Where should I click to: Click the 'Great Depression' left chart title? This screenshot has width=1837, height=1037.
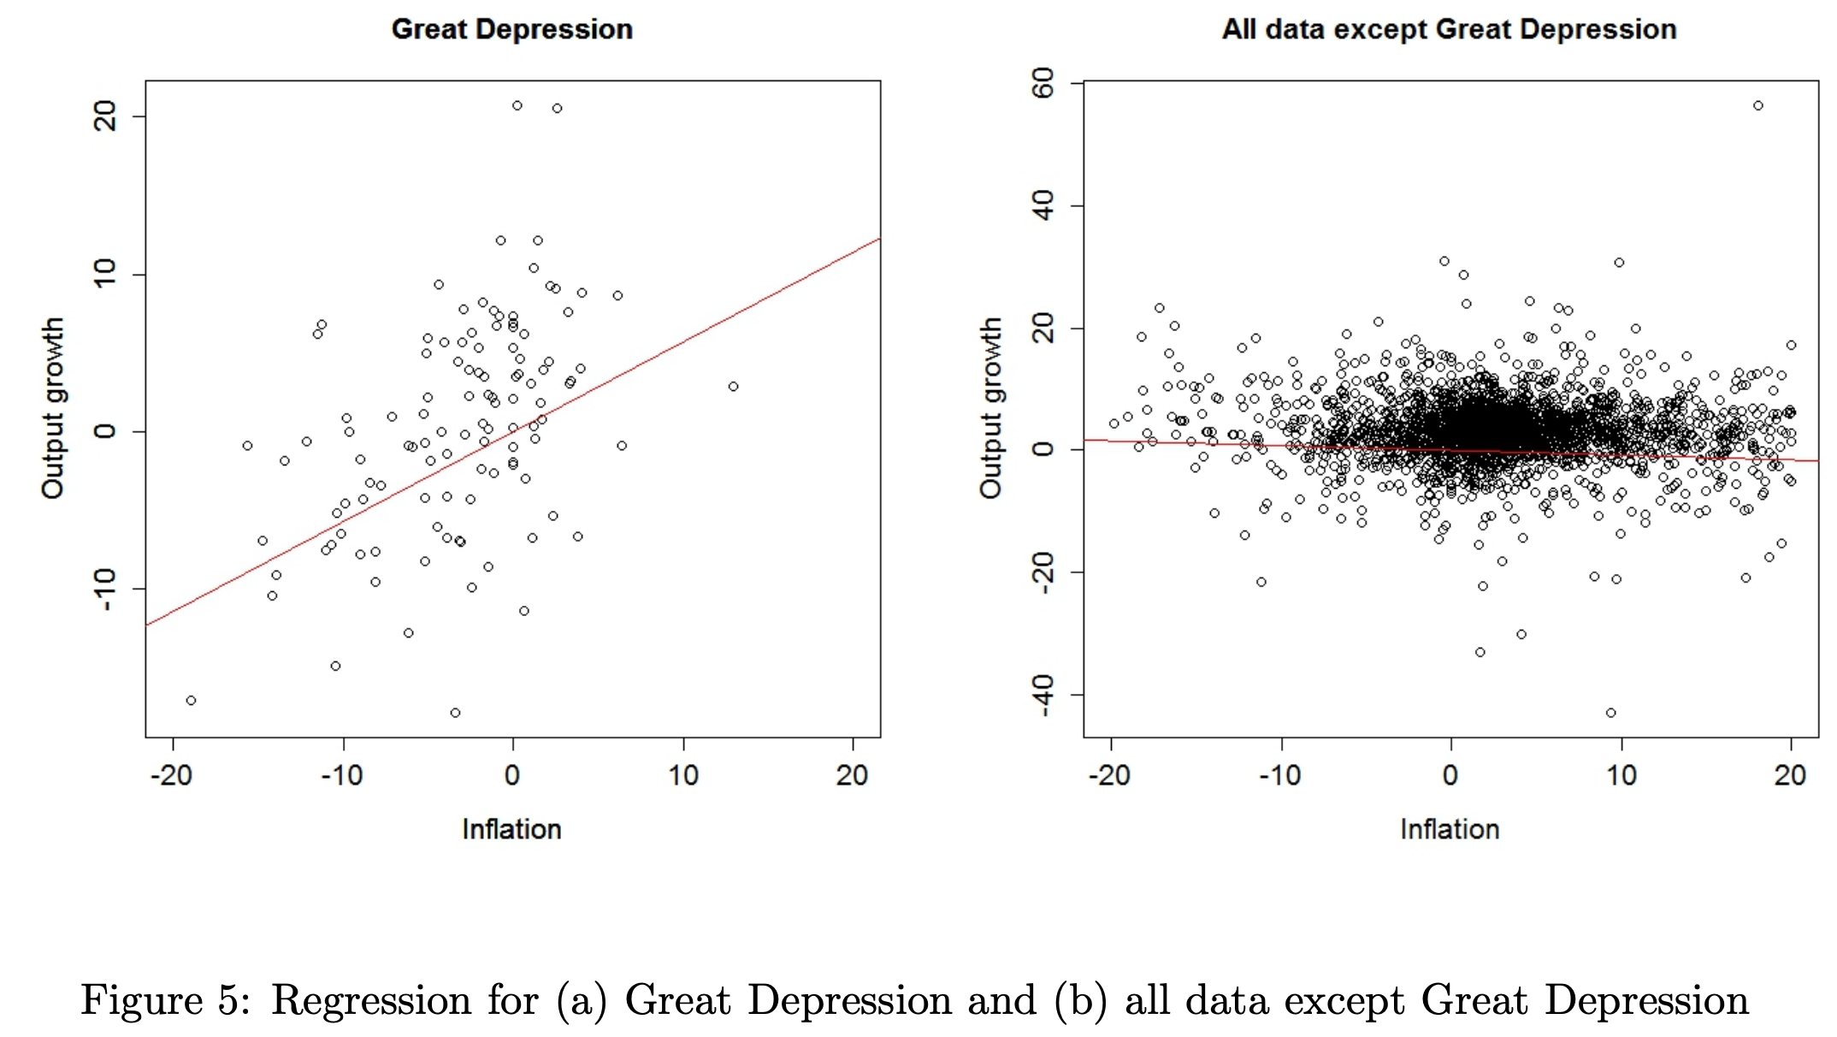tap(511, 29)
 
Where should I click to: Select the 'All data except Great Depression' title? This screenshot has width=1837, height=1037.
tap(1449, 29)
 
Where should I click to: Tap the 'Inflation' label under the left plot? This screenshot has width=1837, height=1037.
tap(511, 828)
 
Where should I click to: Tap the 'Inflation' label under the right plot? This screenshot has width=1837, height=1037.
tap(1450, 828)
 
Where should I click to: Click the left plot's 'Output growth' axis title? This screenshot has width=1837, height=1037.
tap(53, 408)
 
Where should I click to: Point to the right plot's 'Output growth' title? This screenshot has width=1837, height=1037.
tap(990, 408)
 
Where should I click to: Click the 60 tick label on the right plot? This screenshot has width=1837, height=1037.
tap(1043, 84)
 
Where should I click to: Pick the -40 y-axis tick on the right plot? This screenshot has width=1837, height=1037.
tap(1043, 695)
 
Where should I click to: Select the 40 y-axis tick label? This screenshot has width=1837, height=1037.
tap(1043, 205)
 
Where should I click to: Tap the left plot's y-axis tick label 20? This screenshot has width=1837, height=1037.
tap(105, 116)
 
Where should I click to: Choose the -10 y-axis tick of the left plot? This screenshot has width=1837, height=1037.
tap(105, 589)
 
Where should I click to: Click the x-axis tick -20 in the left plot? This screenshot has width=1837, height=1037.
tap(171, 775)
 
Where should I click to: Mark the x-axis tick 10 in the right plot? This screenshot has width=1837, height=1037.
tap(1621, 775)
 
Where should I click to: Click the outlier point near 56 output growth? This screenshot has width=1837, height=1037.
tap(1758, 106)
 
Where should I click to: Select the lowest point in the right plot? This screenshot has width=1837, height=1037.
tap(1611, 713)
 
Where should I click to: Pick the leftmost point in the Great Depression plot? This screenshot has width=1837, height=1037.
tap(191, 701)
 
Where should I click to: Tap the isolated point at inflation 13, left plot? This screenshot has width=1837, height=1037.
tap(733, 387)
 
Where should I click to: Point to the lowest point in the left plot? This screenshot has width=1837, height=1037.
tap(455, 713)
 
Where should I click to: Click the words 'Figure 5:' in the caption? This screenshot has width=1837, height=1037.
tap(166, 999)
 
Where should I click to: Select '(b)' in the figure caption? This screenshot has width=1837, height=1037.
tap(1080, 999)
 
